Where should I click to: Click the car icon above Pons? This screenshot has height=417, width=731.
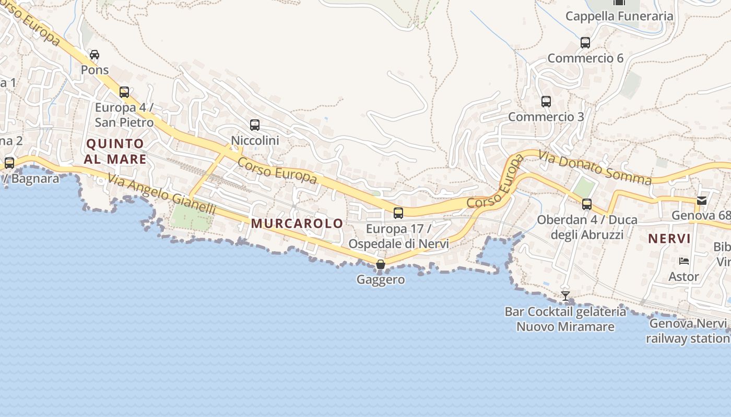[95, 55]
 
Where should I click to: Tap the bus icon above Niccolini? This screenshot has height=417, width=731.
[255, 125]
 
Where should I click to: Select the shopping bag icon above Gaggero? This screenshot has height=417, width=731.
[381, 264]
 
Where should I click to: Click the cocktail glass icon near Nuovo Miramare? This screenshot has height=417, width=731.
[565, 296]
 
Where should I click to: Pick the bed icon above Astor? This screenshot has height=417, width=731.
[684, 261]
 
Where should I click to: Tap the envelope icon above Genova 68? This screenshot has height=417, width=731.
[702, 200]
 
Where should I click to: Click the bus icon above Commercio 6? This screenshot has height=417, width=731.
[585, 43]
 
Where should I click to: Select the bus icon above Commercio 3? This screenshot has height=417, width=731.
[546, 102]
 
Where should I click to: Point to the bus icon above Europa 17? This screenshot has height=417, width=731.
[398, 213]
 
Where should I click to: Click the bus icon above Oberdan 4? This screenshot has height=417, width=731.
[587, 204]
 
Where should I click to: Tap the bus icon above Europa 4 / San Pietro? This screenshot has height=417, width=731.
[124, 92]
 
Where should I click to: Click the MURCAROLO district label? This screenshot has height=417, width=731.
[297, 224]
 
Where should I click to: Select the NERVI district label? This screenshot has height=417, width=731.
[669, 239]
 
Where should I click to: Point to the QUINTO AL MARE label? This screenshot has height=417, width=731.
[115, 151]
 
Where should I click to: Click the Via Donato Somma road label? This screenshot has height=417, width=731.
[595, 168]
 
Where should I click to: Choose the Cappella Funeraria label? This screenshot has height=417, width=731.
[619, 16]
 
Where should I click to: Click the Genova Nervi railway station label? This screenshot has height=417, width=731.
[688, 331]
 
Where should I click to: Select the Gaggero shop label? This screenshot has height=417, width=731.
[381, 279]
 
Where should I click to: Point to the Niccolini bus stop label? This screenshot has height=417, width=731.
[255, 140]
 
